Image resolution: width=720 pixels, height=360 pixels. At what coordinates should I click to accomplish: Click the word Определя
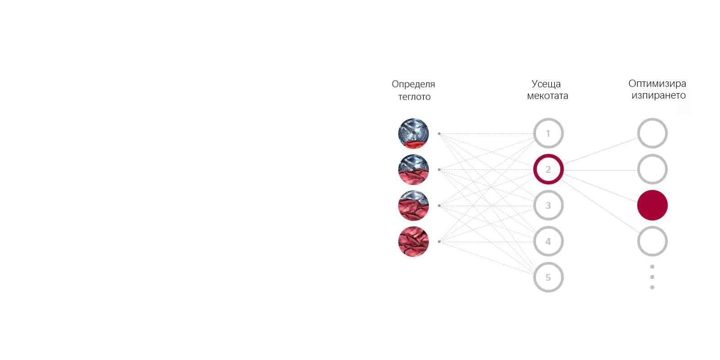coord(413,84)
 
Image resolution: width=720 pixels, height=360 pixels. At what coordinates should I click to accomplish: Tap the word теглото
coord(414,97)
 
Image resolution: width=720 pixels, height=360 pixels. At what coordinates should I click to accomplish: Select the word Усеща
coord(546,84)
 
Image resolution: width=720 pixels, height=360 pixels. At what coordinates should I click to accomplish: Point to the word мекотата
coord(547,96)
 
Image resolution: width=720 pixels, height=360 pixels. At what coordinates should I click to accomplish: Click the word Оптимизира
coord(657,83)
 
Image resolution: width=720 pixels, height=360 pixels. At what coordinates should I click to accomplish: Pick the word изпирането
coord(658,95)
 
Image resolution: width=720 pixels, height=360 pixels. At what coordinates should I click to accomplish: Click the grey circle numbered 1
coord(548,133)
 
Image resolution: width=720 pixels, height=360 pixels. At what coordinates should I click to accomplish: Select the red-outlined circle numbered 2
coord(548,169)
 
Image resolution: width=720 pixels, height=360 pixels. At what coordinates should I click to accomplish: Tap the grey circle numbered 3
coord(548,205)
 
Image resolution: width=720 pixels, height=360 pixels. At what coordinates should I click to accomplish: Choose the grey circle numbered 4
coord(548,241)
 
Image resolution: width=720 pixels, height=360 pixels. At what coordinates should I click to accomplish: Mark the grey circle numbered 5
coord(548,277)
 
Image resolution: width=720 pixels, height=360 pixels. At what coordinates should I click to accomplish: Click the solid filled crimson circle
coord(652,205)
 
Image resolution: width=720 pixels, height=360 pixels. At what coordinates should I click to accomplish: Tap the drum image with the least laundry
coord(413,133)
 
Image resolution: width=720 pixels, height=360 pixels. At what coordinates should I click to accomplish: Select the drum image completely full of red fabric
coord(413,242)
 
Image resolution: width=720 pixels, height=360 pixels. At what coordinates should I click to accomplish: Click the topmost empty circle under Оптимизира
coord(652,133)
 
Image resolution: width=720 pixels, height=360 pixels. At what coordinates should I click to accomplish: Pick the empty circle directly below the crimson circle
coord(652,241)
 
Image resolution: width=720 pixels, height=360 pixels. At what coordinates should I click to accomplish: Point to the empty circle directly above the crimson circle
coord(652,169)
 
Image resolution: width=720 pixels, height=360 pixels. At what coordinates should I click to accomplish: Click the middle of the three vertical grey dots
coord(652,277)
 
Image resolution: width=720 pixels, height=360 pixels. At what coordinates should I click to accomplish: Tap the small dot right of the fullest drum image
coord(439,242)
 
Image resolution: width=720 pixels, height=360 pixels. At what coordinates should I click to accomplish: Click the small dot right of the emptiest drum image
coord(439,134)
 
